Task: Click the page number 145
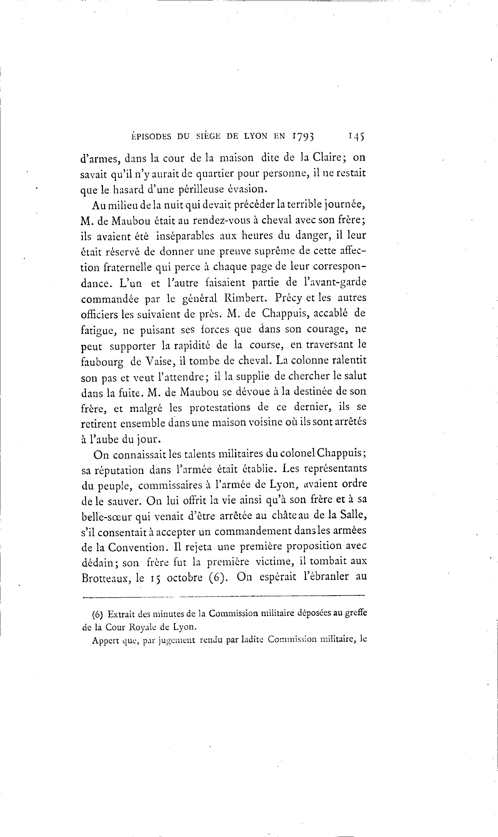pyautogui.click(x=357, y=136)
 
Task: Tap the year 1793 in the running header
pyautogui.click(x=303, y=136)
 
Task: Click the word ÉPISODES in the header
pyautogui.click(x=151, y=136)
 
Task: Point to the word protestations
pyautogui.click(x=220, y=408)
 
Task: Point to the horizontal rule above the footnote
pyautogui.click(x=223, y=597)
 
